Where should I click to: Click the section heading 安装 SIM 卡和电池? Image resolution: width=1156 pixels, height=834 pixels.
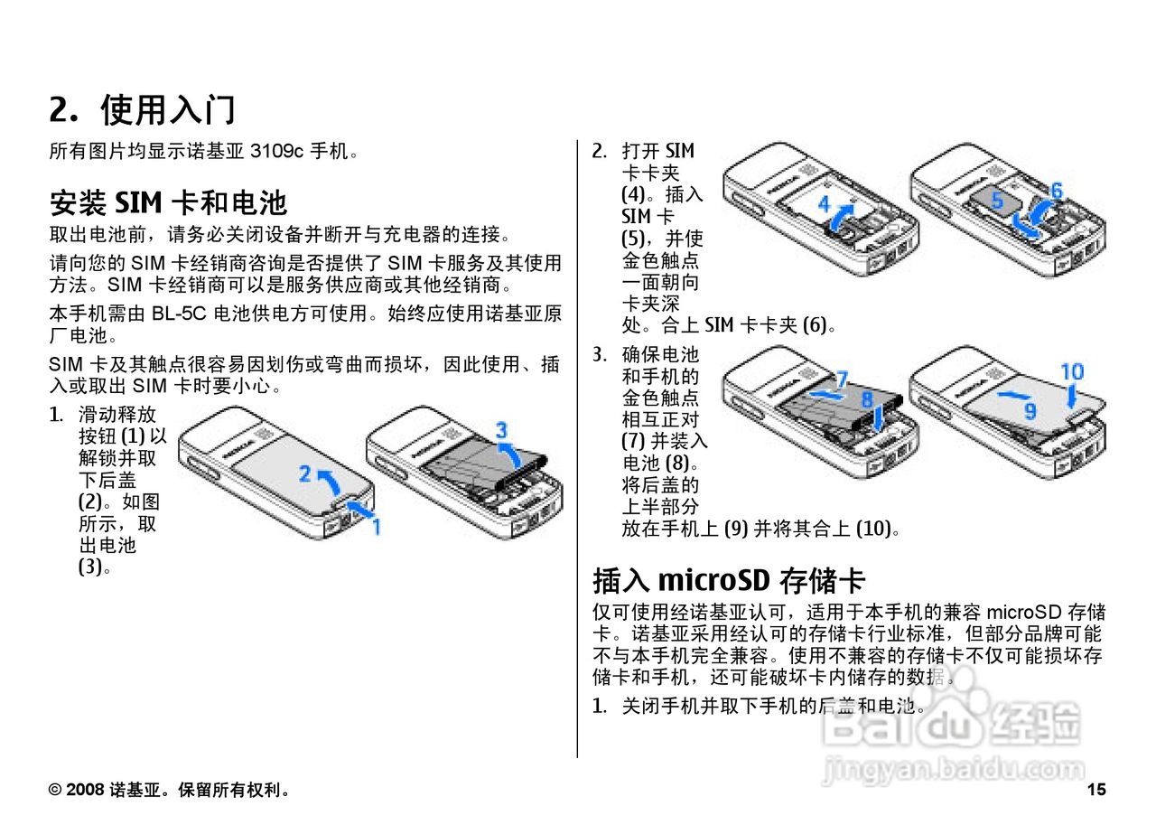(x=168, y=200)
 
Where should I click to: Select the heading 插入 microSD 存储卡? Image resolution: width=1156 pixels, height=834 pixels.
(x=729, y=579)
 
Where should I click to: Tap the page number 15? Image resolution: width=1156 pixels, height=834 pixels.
(x=1096, y=791)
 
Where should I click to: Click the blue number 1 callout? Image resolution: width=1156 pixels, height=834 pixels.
(x=377, y=525)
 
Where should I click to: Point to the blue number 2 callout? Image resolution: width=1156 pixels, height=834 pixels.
(x=305, y=473)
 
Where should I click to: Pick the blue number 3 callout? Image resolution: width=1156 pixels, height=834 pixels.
(x=501, y=430)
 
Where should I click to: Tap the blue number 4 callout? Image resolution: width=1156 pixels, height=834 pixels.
(x=824, y=205)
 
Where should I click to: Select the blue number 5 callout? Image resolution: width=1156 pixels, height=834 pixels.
(x=997, y=201)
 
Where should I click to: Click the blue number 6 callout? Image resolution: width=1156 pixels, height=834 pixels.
(x=1056, y=191)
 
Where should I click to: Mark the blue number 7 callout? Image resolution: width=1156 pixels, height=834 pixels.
(x=841, y=379)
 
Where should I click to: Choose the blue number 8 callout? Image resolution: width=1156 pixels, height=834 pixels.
(x=867, y=398)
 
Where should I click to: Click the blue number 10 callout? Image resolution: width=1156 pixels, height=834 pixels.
(x=1072, y=371)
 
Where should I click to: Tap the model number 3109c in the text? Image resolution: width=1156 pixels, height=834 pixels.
(x=275, y=151)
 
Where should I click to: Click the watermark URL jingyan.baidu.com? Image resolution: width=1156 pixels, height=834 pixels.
(x=955, y=771)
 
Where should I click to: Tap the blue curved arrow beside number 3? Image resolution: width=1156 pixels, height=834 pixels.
(x=511, y=453)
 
